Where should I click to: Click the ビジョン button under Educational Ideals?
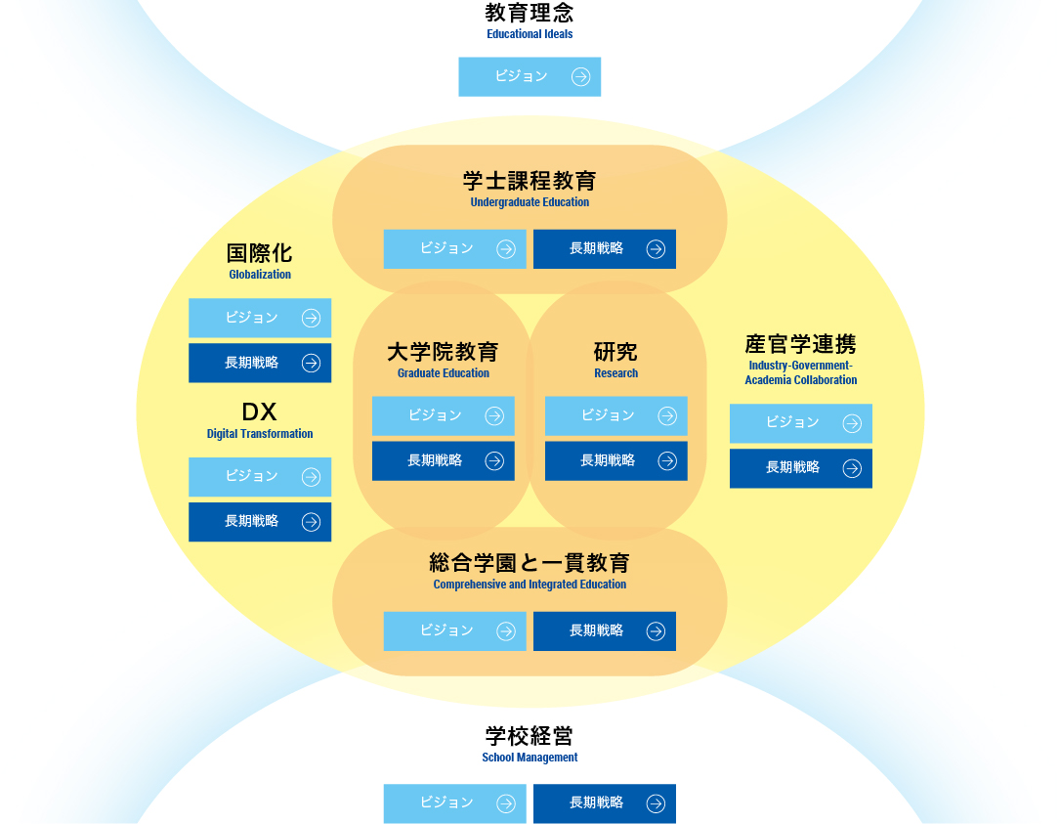[530, 76]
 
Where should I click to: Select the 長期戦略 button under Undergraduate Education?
[604, 248]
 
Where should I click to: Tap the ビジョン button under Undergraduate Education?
[454, 248]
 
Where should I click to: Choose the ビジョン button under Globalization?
[259, 318]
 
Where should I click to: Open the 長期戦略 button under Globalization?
[259, 363]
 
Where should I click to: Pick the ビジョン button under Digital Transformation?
[259, 476]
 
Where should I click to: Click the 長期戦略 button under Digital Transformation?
[259, 521]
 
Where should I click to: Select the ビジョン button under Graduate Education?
[443, 415]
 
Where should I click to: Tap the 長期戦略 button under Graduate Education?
[443, 460]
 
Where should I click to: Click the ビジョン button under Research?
[615, 415]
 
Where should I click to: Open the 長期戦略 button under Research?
[615, 460]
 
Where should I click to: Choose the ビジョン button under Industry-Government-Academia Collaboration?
[800, 423]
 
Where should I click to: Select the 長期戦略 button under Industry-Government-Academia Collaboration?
[800, 468]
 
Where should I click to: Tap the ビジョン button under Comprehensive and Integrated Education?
[454, 630]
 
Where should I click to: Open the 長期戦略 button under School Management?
[604, 803]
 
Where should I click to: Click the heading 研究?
[615, 352]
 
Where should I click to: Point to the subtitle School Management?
[530, 758]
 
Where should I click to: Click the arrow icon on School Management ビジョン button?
[505, 803]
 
